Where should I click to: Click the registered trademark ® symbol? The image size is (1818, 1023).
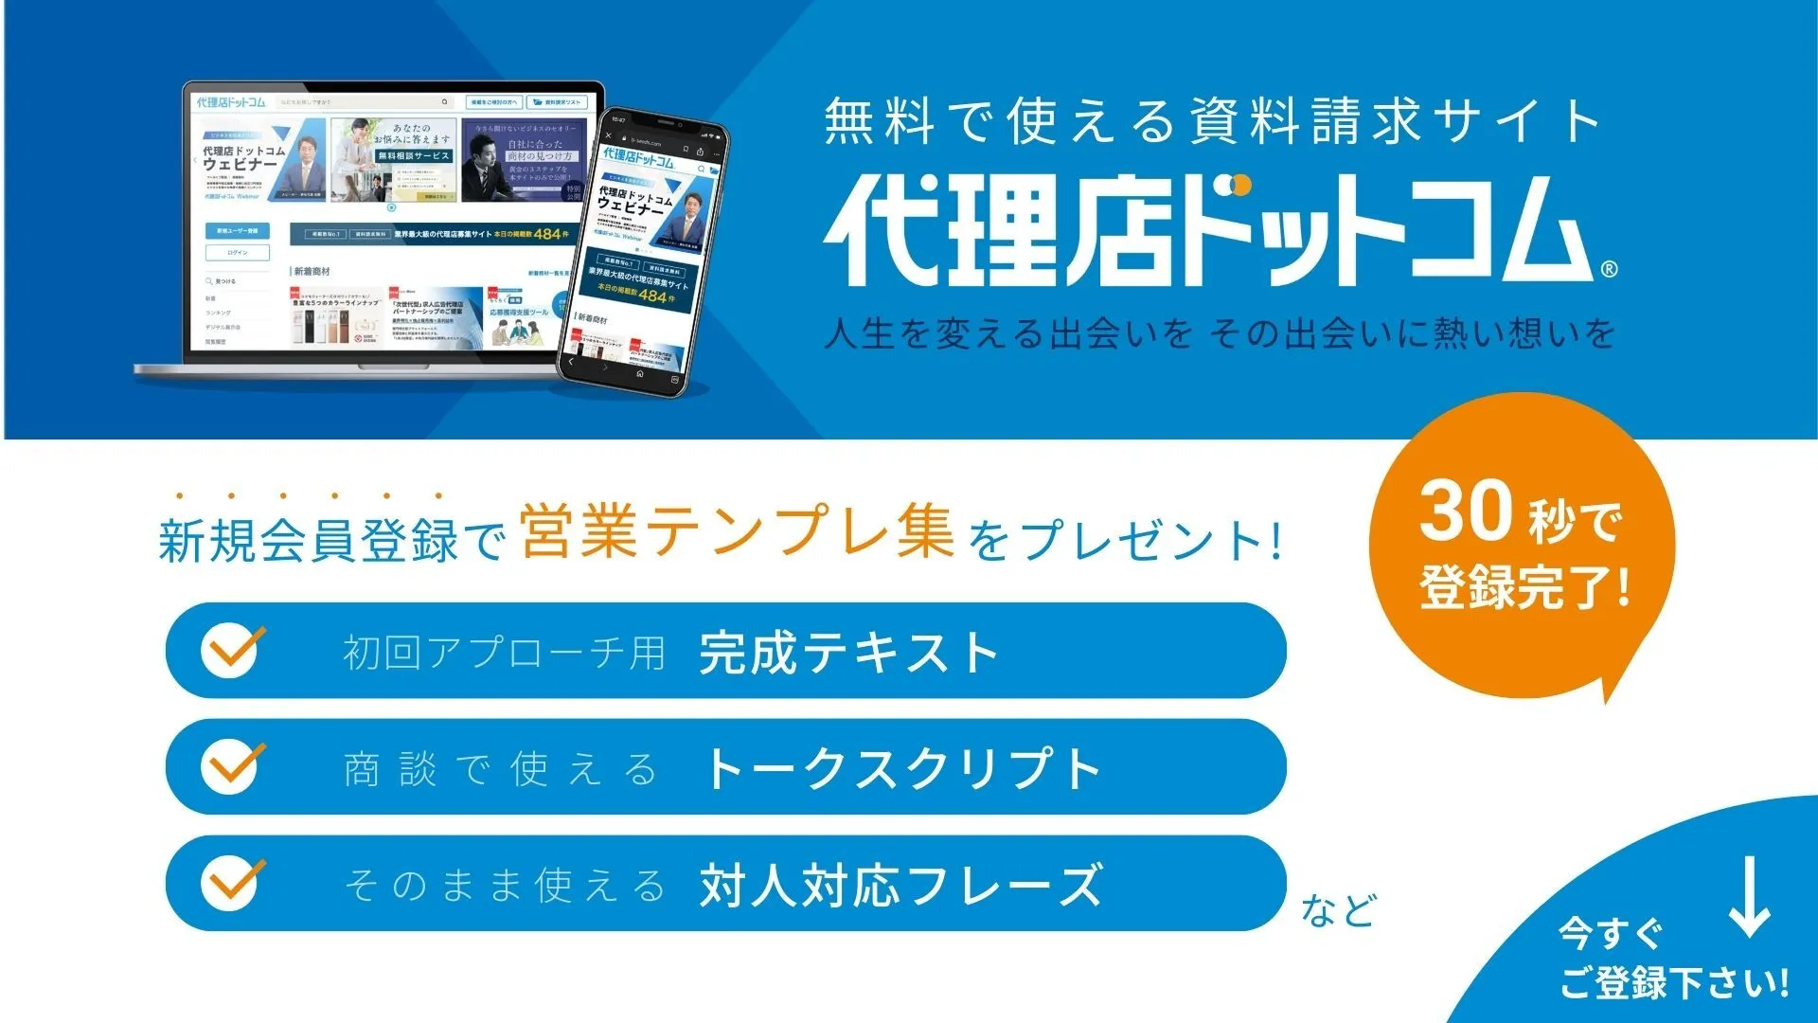[x=1609, y=270]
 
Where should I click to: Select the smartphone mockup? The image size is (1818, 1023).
[x=642, y=251]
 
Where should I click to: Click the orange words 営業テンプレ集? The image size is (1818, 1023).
[x=737, y=532]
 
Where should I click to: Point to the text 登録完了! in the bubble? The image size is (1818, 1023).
[x=1524, y=588]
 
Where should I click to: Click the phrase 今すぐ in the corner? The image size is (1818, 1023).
[x=1610, y=934]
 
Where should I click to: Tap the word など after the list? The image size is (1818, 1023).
[x=1338, y=911]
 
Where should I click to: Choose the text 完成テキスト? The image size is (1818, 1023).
[x=848, y=653]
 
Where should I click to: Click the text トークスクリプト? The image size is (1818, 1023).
[x=901, y=768]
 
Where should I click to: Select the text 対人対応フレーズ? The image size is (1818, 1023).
[x=901, y=886]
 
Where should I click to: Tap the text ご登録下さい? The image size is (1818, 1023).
[x=1673, y=983]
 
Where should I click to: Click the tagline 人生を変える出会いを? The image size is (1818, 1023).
[x=1007, y=334]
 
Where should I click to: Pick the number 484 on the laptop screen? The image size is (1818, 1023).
[x=547, y=233]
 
